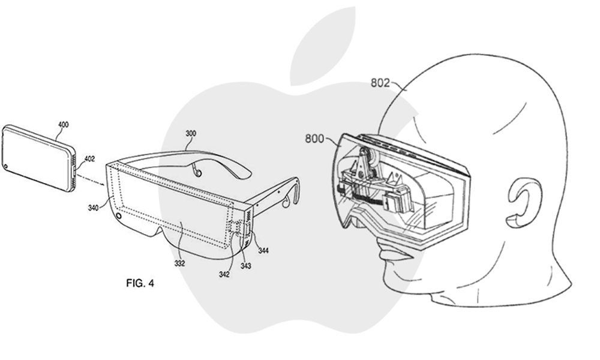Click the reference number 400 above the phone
coord(63,125)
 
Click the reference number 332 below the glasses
coord(179,263)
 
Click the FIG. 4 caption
coord(140,283)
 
